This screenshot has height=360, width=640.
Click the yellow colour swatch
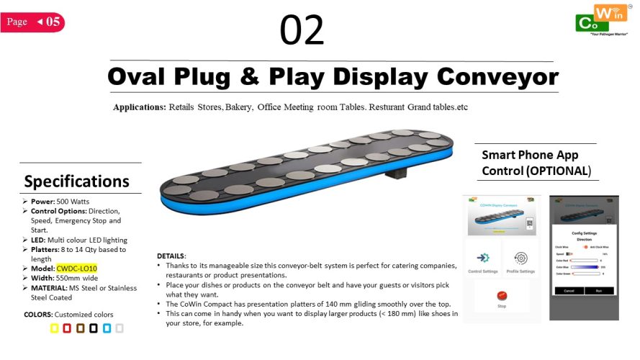click(53, 328)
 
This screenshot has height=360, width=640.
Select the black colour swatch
click(93, 328)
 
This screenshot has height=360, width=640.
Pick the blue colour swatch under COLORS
click(107, 328)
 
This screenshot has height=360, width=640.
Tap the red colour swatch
click(66, 328)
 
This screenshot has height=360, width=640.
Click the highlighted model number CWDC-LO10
click(76, 269)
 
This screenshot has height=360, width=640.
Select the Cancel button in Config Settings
click(569, 291)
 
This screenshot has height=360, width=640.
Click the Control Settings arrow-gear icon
click(482, 258)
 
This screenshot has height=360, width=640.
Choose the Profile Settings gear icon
click(520, 258)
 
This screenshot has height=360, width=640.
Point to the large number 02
click(302, 30)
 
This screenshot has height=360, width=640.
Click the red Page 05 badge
click(33, 22)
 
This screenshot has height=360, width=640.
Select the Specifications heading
click(77, 181)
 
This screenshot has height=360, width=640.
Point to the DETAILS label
click(171, 256)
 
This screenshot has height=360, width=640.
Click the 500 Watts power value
click(73, 201)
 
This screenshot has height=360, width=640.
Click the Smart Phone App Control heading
click(536, 163)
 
